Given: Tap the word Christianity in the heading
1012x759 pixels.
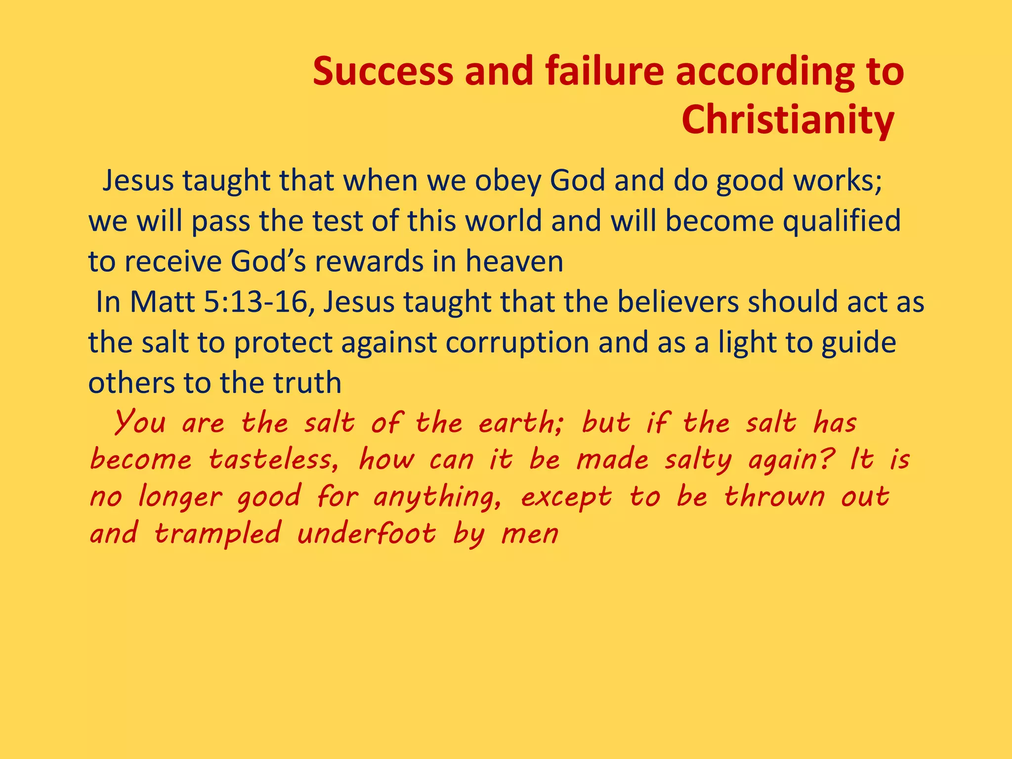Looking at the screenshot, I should point(788,121).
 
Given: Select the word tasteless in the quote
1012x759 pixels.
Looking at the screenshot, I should point(274,460).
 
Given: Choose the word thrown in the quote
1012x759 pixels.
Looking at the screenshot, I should point(774,497).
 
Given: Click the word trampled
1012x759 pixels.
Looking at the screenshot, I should point(217,534).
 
